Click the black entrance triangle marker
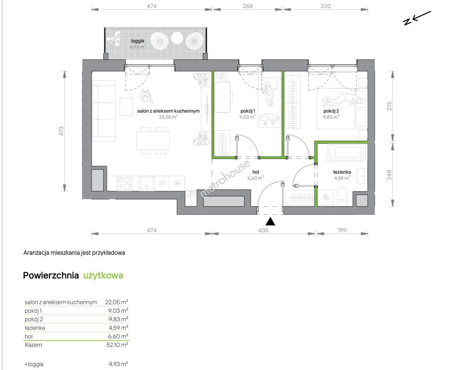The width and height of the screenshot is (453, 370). [x=270, y=221]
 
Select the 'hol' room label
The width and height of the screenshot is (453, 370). [x=255, y=172]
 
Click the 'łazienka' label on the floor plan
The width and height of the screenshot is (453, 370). [x=342, y=172]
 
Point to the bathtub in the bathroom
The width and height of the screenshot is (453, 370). [x=346, y=152]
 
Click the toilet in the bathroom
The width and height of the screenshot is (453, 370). [x=342, y=196]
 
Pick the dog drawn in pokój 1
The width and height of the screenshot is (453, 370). [x=269, y=119]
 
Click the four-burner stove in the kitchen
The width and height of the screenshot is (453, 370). [x=124, y=183]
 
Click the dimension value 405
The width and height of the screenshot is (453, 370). [x=263, y=230]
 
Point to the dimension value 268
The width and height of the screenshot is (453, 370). [x=248, y=6]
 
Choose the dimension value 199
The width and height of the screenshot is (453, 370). [x=342, y=230]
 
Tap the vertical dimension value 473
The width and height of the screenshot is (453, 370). [x=61, y=131]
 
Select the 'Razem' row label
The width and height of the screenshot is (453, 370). [x=33, y=345]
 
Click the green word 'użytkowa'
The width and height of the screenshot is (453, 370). [x=103, y=275]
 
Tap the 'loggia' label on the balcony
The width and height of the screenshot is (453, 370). [x=138, y=41]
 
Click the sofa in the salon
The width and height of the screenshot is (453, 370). [x=104, y=111]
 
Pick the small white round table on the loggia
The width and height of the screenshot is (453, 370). [x=177, y=38]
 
